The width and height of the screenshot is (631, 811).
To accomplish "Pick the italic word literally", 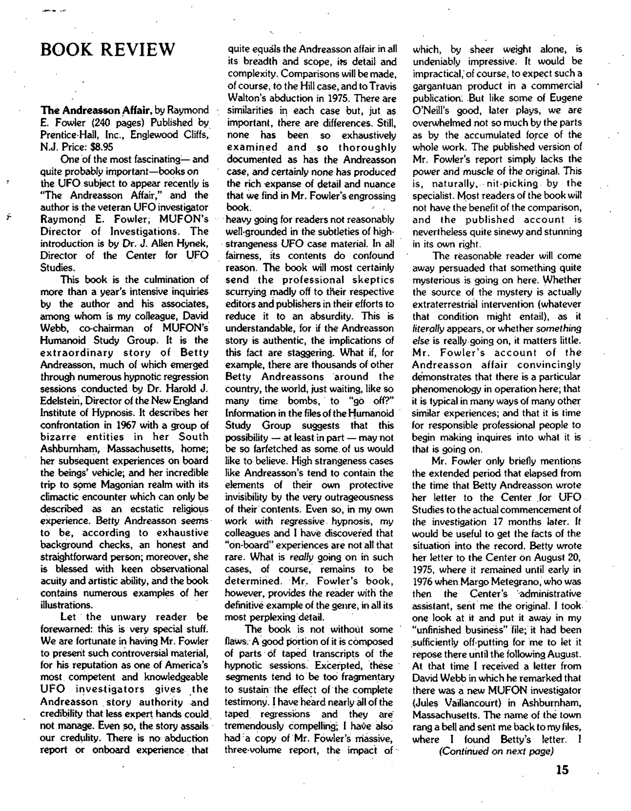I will pyautogui.click(x=428, y=328).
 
